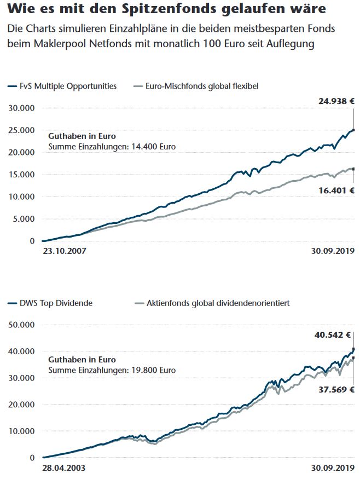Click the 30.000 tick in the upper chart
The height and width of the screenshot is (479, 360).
pyautogui.click(x=21, y=108)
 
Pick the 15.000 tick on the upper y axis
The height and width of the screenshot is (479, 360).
pyautogui.click(x=21, y=175)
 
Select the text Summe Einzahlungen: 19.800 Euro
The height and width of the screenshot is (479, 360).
pyautogui.click(x=112, y=371)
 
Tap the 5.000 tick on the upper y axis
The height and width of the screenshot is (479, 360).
pyautogui.click(x=24, y=219)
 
